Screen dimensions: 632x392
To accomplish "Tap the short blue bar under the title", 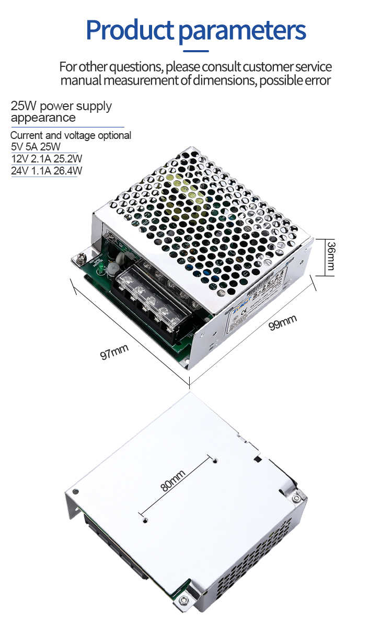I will pyautogui.click(x=195, y=51).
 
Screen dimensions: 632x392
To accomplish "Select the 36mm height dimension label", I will pyautogui.click(x=330, y=256).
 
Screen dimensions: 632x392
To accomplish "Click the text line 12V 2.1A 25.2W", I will pyautogui.click(x=47, y=158).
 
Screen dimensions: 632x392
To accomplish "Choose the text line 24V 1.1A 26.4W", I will pyautogui.click(x=47, y=170).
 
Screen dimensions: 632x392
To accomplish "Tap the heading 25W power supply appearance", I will pyautogui.click(x=61, y=112).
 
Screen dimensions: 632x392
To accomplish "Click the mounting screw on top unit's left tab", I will pyautogui.click(x=82, y=258).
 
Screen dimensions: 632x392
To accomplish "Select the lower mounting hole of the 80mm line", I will pyautogui.click(x=145, y=519).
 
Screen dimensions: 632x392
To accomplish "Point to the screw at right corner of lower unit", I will pyautogui.click(x=296, y=498).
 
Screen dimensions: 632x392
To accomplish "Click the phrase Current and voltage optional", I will pyautogui.click(x=71, y=135).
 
